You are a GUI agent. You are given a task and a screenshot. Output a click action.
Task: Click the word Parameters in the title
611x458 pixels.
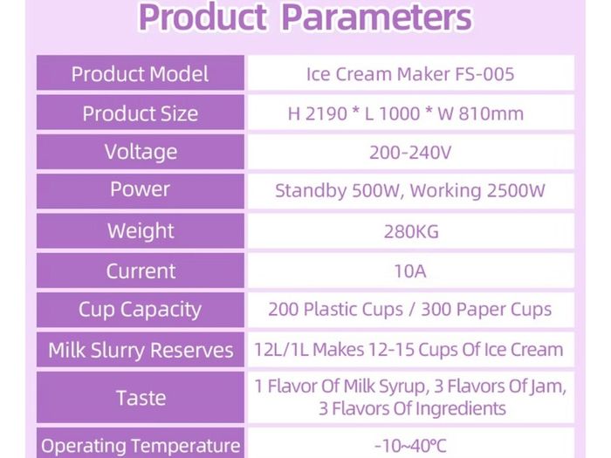click(x=376, y=17)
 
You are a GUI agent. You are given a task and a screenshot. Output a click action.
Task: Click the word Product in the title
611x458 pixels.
click(x=203, y=17)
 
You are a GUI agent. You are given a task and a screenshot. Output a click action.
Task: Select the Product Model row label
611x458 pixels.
click(x=140, y=74)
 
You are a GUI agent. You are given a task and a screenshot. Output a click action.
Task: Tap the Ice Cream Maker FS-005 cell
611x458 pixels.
click(x=410, y=74)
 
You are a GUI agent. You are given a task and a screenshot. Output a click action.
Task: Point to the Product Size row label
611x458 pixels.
click(x=141, y=113)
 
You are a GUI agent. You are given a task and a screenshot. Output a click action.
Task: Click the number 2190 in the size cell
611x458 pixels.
click(x=326, y=113)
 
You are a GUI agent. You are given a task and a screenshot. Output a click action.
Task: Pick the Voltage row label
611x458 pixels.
click(x=141, y=152)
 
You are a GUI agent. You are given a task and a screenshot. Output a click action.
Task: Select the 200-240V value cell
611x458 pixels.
click(x=410, y=153)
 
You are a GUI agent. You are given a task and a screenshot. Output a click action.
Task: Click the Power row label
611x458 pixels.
click(x=140, y=189)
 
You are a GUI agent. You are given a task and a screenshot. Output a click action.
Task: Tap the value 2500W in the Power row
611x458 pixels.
click(x=516, y=190)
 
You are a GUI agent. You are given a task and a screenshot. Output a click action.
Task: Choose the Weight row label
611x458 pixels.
click(x=141, y=231)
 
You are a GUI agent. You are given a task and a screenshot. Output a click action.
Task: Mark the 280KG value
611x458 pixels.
click(x=411, y=232)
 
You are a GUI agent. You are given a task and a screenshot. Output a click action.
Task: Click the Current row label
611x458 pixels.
click(x=141, y=271)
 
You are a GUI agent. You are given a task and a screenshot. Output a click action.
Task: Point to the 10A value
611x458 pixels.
click(x=410, y=271)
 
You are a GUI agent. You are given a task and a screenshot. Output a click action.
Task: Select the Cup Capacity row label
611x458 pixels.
click(x=140, y=310)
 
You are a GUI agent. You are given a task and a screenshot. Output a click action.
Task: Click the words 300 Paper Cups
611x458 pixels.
click(x=486, y=310)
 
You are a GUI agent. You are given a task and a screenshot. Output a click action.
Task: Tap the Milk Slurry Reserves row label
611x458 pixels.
click(x=141, y=350)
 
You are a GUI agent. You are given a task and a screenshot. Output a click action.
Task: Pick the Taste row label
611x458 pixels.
click(x=141, y=398)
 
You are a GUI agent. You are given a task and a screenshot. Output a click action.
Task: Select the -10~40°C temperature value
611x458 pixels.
click(x=410, y=446)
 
